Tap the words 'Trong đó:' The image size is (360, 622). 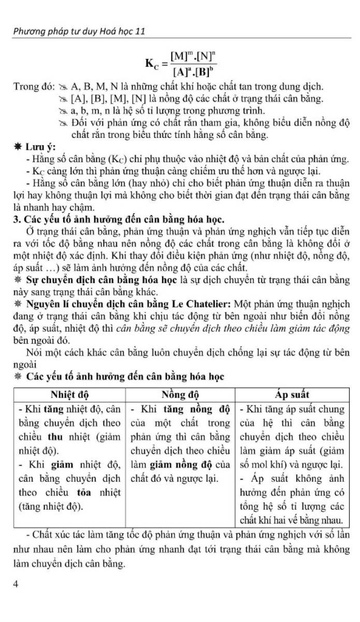31,86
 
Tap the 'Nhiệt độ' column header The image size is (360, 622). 69,395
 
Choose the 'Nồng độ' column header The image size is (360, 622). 180,395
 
